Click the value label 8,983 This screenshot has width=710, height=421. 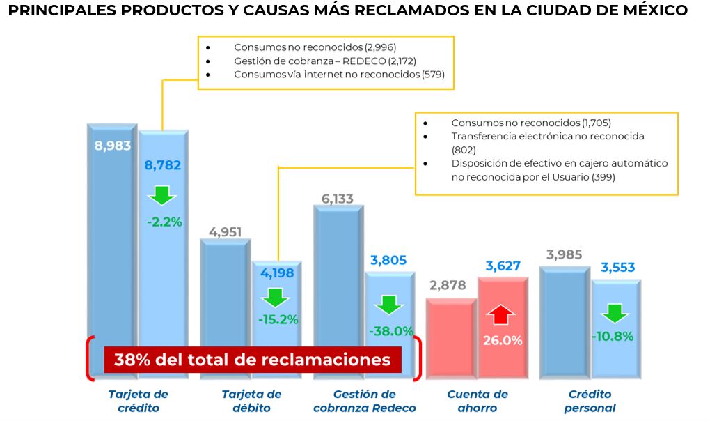click(112, 146)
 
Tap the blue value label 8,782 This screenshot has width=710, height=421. click(163, 165)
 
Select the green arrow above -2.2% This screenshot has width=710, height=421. click(163, 195)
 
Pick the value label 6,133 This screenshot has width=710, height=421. click(337, 199)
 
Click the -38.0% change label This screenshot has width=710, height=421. click(390, 331)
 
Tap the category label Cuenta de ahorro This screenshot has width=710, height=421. click(478, 401)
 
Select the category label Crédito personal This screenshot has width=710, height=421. click(589, 401)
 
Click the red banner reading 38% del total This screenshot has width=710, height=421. click(253, 360)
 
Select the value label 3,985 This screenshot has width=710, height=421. click(564, 254)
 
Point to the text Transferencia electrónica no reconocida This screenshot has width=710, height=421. click(547, 136)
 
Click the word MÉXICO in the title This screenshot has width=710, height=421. click(652, 11)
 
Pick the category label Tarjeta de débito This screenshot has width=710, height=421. click(252, 401)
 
